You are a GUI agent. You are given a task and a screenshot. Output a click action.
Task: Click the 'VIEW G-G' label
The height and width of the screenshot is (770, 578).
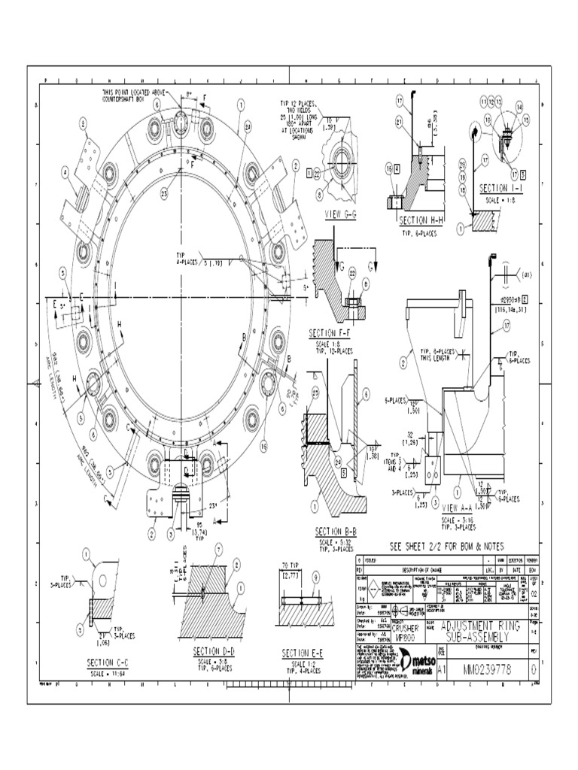point(340,214)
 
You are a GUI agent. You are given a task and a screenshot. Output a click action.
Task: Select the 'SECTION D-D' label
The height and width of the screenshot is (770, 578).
point(215,650)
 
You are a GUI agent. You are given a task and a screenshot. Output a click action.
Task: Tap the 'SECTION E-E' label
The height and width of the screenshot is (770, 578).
point(303,653)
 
